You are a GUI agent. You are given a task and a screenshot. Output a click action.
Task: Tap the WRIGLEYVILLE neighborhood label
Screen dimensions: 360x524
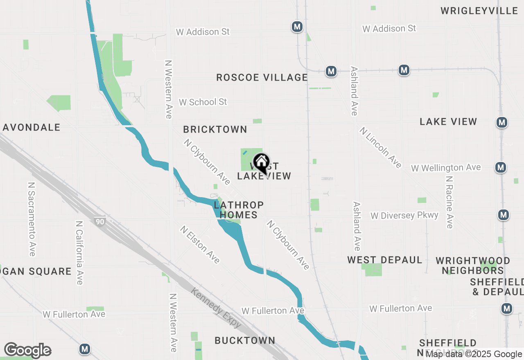479,11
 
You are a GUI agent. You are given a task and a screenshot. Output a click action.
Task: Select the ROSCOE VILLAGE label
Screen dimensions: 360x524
262,77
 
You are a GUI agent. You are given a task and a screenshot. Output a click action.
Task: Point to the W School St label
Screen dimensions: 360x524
203,102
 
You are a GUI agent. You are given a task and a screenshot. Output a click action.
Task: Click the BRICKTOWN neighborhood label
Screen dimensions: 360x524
215,129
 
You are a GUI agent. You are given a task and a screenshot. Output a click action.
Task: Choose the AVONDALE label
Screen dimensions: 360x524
32,127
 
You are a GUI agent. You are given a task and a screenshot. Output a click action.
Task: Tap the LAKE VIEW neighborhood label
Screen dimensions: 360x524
448,122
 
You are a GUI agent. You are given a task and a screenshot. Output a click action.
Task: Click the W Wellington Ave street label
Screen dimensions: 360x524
446,168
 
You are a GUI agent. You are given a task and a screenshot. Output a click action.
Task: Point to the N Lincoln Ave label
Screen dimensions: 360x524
381,147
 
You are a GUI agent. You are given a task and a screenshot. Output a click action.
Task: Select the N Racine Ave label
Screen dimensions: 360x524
449,202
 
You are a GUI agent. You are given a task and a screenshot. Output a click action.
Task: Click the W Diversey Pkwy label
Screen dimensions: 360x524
404,216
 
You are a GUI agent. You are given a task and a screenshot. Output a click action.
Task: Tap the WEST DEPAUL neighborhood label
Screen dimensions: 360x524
385,260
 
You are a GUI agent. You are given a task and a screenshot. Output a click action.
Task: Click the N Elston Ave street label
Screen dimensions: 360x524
200,244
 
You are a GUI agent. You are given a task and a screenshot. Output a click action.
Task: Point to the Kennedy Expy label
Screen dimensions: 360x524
216,307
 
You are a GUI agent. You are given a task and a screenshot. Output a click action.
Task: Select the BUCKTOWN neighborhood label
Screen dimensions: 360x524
245,340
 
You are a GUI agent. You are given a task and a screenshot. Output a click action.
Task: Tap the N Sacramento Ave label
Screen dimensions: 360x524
32,219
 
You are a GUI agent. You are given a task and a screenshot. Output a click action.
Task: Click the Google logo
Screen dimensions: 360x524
27,350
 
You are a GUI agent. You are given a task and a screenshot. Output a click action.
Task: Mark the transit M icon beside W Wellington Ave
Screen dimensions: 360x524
500,167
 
